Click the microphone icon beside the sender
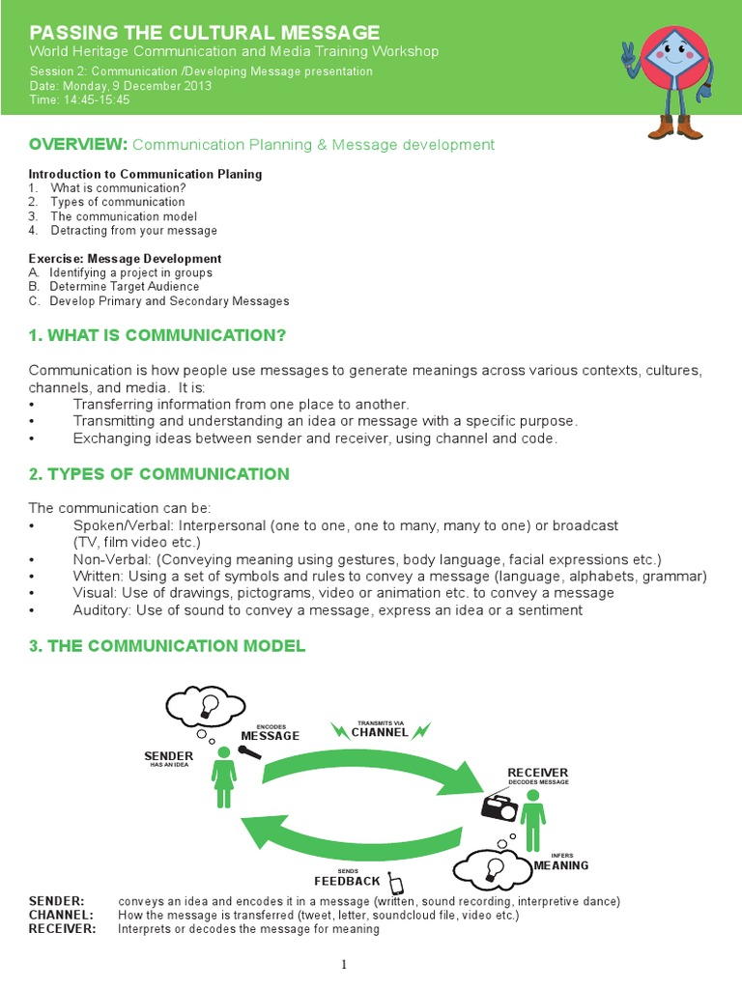click(x=249, y=754)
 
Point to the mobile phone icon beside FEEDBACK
click(x=394, y=884)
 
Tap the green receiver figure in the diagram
click(x=532, y=815)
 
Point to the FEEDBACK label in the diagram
click(x=347, y=881)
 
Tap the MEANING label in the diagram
click(x=561, y=865)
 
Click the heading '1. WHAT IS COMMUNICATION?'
click(x=157, y=335)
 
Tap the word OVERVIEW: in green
click(x=78, y=144)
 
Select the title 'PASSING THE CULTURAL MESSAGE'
click(x=205, y=32)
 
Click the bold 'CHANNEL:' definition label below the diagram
click(x=61, y=915)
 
